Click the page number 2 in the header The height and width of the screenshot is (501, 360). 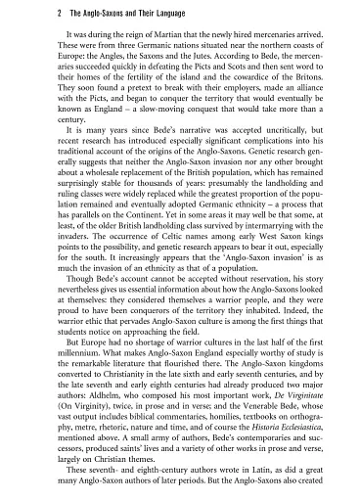click(31, 11)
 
